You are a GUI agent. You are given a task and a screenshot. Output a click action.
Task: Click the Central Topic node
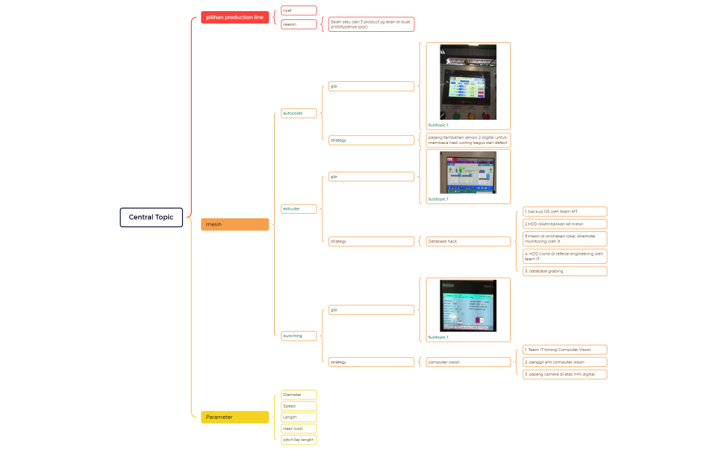tap(151, 217)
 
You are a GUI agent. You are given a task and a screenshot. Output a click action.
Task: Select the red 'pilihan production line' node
tap(235, 17)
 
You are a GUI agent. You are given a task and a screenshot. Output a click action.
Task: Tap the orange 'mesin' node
tap(235, 224)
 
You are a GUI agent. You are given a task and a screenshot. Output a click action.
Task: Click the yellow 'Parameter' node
tap(235, 417)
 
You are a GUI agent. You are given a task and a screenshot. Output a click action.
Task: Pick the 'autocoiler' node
tap(298, 113)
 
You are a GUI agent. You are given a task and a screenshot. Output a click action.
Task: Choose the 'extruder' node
tap(298, 208)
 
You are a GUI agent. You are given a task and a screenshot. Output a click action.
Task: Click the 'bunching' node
tap(298, 336)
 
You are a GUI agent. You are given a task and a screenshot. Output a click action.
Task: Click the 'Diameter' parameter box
tap(298, 395)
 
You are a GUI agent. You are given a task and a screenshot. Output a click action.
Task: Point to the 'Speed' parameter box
tap(298, 406)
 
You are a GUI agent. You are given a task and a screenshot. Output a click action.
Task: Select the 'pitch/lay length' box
tap(298, 440)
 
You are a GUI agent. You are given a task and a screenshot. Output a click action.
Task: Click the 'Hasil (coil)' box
tap(298, 429)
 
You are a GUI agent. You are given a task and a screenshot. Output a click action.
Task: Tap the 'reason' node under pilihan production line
tap(298, 24)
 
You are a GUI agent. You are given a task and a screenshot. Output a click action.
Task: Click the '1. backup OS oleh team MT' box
tap(564, 211)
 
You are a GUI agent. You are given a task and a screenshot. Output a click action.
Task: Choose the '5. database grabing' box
tap(564, 271)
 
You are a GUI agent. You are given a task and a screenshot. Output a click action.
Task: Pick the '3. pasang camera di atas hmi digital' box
tap(564, 374)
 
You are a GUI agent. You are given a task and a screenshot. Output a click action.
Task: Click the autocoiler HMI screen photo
tap(468, 82)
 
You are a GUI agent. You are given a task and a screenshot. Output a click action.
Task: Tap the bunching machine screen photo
tap(468, 306)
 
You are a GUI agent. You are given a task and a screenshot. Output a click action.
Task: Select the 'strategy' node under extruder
tap(370, 241)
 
